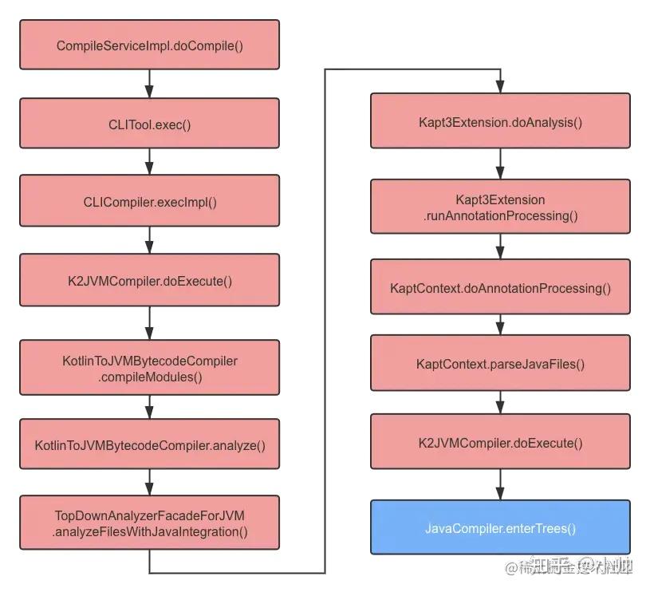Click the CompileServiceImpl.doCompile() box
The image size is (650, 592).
click(149, 45)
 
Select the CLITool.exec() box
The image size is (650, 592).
click(149, 124)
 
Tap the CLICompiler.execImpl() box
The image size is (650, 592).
click(149, 201)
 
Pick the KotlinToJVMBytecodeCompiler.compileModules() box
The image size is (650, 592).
click(149, 368)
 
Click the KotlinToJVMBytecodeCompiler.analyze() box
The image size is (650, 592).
click(149, 444)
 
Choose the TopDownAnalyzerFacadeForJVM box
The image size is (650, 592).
click(149, 523)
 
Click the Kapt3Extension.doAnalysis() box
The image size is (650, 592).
click(500, 121)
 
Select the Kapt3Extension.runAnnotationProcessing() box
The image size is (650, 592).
click(500, 207)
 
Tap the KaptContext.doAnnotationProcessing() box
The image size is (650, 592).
click(500, 287)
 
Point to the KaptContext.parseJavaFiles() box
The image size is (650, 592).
click(500, 364)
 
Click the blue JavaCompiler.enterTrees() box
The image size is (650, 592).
click(500, 527)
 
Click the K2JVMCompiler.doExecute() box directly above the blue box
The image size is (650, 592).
click(500, 443)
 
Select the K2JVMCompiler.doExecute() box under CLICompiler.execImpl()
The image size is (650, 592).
click(149, 281)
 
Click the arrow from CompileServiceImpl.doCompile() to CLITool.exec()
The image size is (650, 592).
click(149, 84)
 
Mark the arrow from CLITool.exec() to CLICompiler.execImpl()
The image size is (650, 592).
click(149, 162)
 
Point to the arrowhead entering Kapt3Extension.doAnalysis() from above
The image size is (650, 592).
click(500, 87)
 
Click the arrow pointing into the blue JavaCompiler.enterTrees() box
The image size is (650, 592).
click(500, 485)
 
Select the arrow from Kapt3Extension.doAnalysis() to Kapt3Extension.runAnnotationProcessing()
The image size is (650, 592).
click(500, 164)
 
